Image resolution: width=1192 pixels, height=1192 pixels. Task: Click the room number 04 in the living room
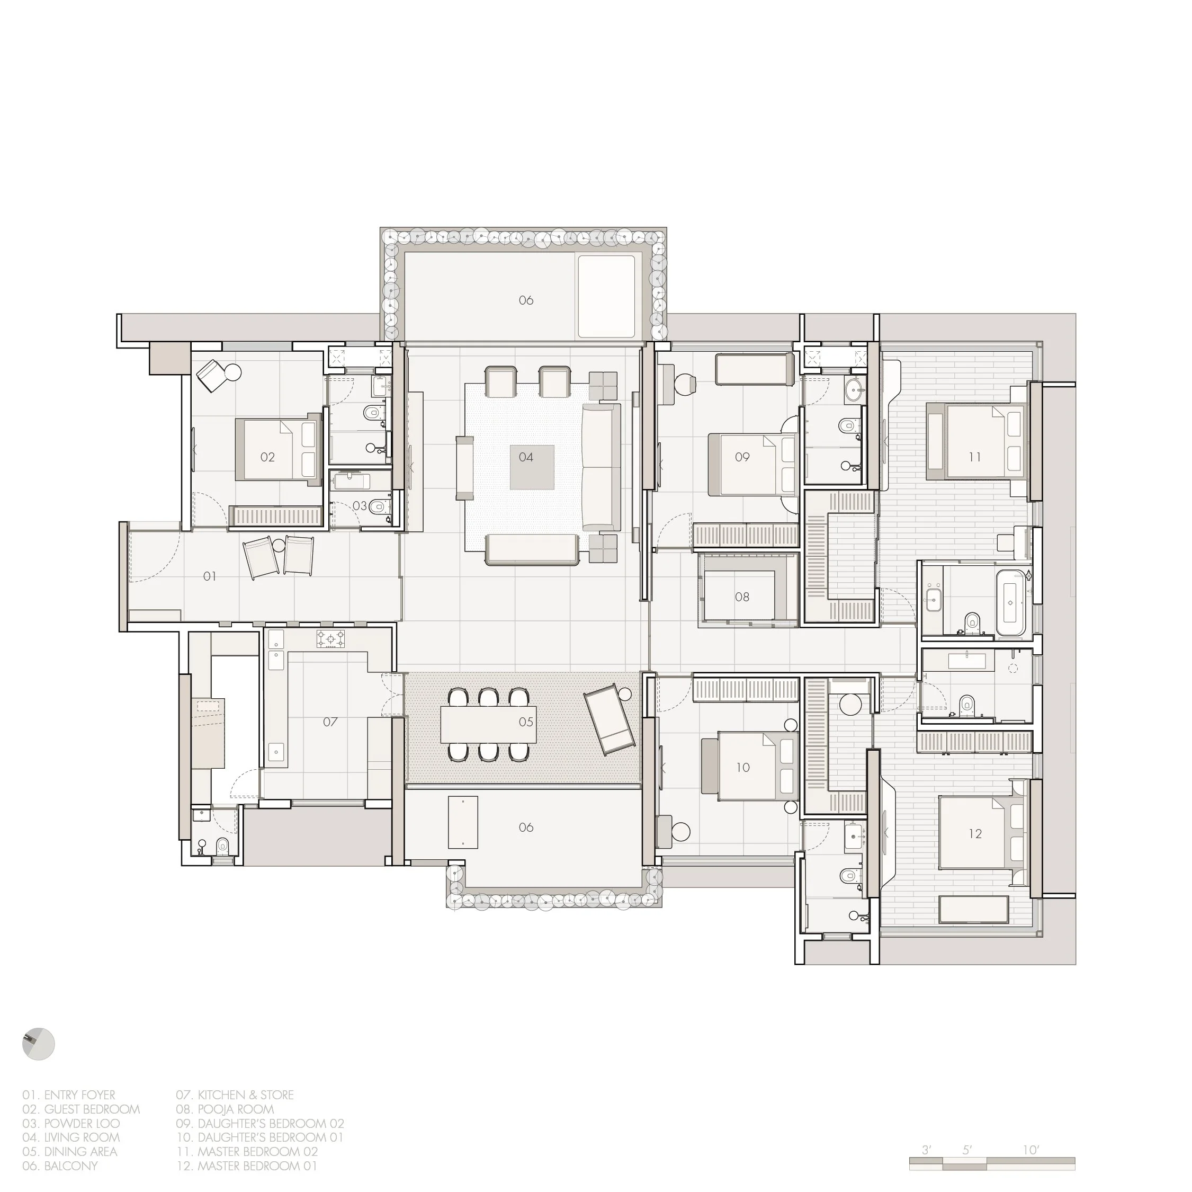(x=526, y=457)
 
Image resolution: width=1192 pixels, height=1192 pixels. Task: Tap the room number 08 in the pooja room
(x=742, y=597)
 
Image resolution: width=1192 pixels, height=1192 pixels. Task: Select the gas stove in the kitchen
(x=331, y=638)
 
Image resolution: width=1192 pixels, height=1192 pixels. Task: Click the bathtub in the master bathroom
(x=1010, y=602)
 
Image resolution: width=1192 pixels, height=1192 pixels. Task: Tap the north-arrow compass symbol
(x=38, y=1045)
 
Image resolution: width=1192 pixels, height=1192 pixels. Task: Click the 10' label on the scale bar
(x=1031, y=1150)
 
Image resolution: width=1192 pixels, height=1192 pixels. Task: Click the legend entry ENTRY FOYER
(x=69, y=1095)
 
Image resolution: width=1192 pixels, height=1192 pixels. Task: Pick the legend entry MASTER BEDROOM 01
(x=247, y=1166)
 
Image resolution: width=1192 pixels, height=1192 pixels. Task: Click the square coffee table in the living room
(x=531, y=467)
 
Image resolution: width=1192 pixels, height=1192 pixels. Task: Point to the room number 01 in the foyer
(x=210, y=576)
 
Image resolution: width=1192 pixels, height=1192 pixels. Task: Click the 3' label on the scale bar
(x=927, y=1150)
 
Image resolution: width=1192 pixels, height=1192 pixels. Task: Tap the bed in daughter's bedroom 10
(x=749, y=766)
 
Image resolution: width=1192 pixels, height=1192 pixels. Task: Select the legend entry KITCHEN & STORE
(x=235, y=1095)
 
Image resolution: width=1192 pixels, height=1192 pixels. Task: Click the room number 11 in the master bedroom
(x=975, y=457)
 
